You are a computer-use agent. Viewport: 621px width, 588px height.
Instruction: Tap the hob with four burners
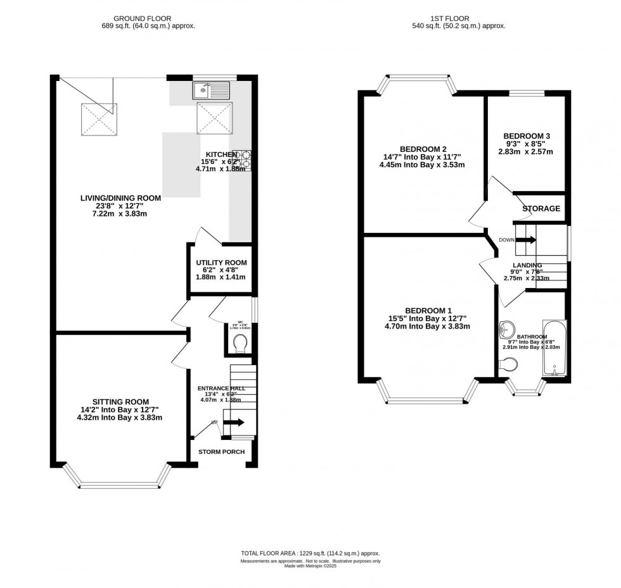pyautogui.click(x=243, y=160)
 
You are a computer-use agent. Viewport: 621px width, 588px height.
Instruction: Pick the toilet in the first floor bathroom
pyautogui.click(x=509, y=364)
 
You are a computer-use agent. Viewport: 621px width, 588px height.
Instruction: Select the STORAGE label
pyautogui.click(x=541, y=208)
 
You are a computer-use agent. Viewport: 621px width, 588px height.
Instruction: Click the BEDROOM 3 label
pyautogui.click(x=526, y=135)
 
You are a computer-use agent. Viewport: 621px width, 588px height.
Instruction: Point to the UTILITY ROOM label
pyautogui.click(x=221, y=263)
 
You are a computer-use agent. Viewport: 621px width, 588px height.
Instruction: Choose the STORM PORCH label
pyautogui.click(x=221, y=451)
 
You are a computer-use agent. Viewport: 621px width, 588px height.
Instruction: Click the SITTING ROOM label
pyautogui.click(x=120, y=401)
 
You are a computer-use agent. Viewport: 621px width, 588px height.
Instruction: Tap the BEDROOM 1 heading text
pyautogui.click(x=428, y=310)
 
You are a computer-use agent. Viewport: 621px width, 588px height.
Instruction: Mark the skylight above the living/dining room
pyautogui.click(x=96, y=117)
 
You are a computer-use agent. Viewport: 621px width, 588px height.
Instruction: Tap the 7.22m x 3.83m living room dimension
pyautogui.click(x=120, y=213)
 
